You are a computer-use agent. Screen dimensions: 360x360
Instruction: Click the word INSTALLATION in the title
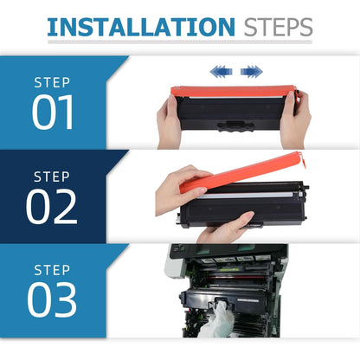(141, 27)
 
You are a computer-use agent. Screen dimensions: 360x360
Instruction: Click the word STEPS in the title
(278, 27)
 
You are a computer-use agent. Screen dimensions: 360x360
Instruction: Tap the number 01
(53, 112)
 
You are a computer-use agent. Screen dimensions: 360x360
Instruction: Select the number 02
(52, 207)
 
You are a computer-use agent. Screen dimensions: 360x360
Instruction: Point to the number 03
(52, 299)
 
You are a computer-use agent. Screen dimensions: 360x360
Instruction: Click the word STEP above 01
(52, 83)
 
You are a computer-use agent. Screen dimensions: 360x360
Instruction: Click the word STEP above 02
(52, 177)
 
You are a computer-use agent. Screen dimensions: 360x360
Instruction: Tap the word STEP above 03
(52, 270)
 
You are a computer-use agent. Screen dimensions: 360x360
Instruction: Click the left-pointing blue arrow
(221, 71)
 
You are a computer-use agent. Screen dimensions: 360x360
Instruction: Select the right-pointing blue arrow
(252, 71)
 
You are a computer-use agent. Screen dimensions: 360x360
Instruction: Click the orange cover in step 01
(233, 91)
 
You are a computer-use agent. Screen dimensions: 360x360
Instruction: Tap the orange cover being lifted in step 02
(241, 172)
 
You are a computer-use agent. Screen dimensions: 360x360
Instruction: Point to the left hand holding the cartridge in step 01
(168, 121)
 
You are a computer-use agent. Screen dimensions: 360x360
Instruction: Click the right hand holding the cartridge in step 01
(296, 119)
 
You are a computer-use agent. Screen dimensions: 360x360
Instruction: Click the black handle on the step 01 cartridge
(236, 126)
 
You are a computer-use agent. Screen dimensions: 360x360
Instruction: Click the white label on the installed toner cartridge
(247, 300)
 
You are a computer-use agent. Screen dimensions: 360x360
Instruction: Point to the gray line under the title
(180, 42)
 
